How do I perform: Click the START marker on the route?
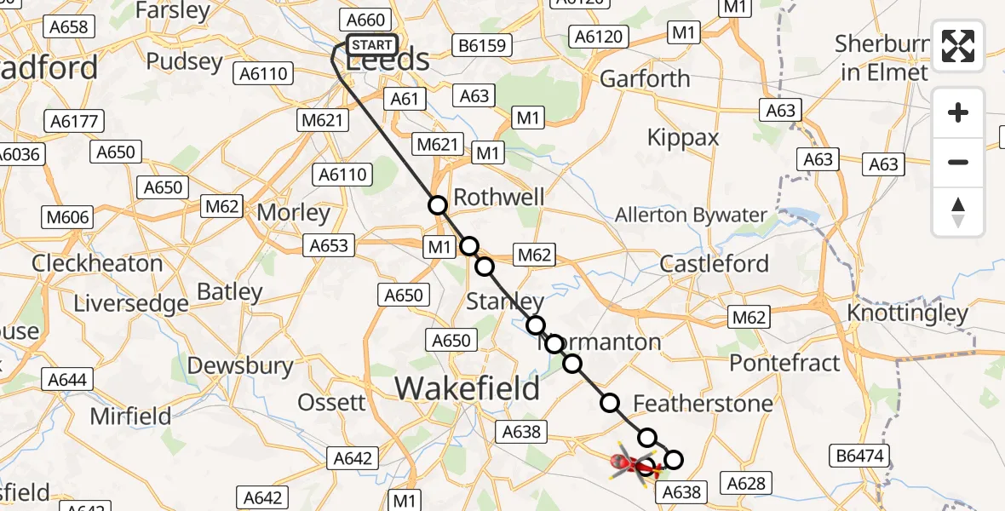pos(372,45)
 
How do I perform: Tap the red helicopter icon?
pos(631,464)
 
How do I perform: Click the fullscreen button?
pos(958,46)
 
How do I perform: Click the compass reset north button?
pos(958,212)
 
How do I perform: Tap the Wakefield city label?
pos(468,389)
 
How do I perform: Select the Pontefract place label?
pos(785,362)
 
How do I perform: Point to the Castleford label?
pos(715,263)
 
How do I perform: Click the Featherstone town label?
pos(703,403)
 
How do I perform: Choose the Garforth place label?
pos(645,79)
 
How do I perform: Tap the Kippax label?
pos(683,138)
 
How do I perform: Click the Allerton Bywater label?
pos(692,215)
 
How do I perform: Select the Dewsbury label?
pos(240,365)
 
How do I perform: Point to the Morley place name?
pos(294,213)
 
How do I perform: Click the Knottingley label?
pos(908,313)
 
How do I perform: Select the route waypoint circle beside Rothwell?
pos(438,204)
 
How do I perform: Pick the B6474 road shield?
pos(859,456)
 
